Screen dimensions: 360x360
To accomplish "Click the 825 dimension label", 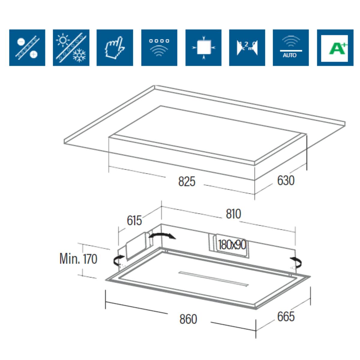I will (x=187, y=181).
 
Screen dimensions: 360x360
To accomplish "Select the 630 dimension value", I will (x=286, y=180).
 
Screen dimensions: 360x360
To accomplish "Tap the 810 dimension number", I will (x=233, y=214).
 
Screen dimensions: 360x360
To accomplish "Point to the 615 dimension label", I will (x=134, y=220).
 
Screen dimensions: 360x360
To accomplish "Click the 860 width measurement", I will (x=188, y=319).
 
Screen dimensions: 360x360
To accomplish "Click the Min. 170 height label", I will (x=78, y=259).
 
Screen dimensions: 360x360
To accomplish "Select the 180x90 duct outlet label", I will (x=232, y=245).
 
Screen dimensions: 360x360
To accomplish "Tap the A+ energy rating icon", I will (x=335, y=48).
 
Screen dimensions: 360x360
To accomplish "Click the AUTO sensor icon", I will (x=290, y=48).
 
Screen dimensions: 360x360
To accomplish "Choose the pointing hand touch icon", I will (x=115, y=48).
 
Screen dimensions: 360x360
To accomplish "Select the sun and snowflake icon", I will (x=71, y=48).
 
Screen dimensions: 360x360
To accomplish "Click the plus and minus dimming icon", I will (x=27, y=48).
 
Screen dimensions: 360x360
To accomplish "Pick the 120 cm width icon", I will (x=247, y=48).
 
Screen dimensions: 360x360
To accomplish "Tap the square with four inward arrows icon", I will (x=203, y=48).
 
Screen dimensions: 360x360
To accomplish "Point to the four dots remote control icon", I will (x=159, y=48).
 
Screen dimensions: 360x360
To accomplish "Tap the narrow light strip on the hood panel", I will (x=214, y=279).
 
